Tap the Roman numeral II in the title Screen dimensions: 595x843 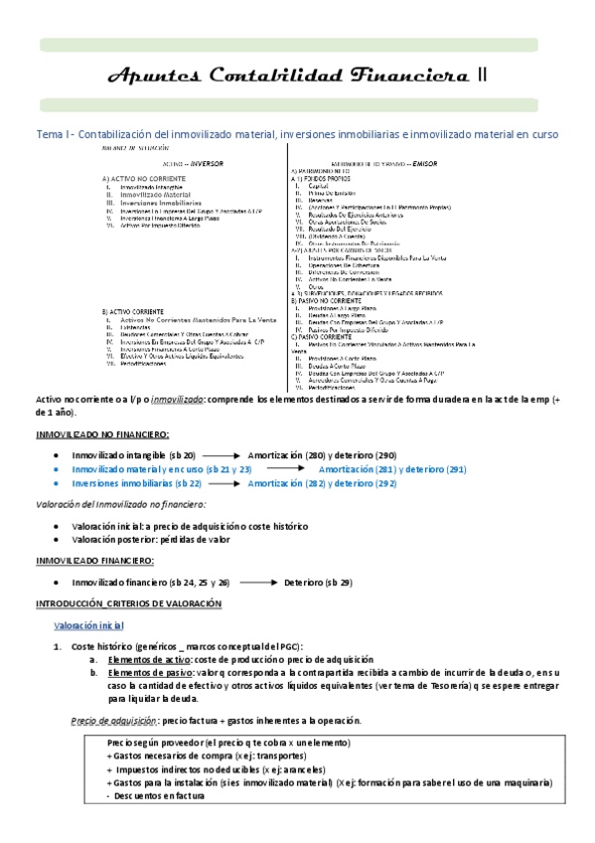(482, 77)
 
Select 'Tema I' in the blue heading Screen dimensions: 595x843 (53, 133)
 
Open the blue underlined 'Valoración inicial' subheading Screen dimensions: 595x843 (88, 625)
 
